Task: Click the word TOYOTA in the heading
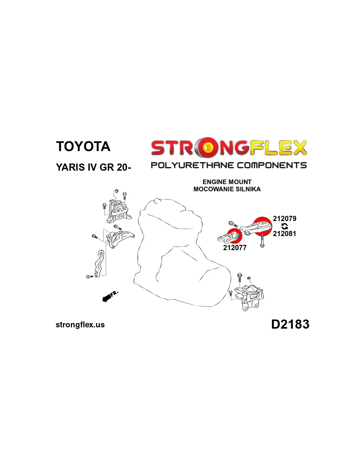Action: click(x=83, y=146)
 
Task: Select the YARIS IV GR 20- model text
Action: click(x=93, y=167)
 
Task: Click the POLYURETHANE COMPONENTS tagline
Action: click(x=229, y=165)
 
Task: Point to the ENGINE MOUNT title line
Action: click(x=227, y=182)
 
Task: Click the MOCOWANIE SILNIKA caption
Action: click(x=227, y=189)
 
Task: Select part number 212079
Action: click(x=284, y=218)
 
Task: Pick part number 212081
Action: click(x=284, y=233)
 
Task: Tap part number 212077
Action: click(x=235, y=248)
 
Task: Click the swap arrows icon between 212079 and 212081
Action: click(x=284, y=226)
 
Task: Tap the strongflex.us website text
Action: click(x=80, y=325)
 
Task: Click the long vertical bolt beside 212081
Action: click(x=262, y=240)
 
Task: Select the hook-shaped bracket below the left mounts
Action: click(x=99, y=264)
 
